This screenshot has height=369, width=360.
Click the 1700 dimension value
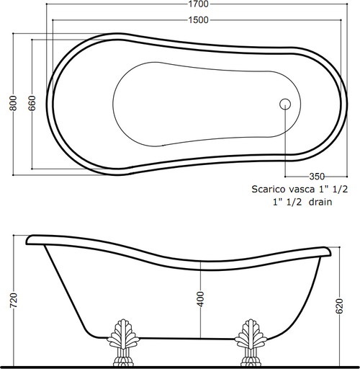[198, 4]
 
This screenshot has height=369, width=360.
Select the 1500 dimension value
[198, 20]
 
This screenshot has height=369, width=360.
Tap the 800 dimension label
[13, 103]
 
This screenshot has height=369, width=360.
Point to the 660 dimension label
[32, 103]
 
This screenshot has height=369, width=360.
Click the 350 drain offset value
[317, 177]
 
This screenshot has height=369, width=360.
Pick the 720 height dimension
[14, 300]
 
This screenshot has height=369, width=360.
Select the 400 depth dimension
[201, 299]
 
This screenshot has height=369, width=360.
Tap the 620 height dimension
[339, 306]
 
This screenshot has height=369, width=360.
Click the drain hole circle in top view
[285, 105]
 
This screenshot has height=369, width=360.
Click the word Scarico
[269, 190]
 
